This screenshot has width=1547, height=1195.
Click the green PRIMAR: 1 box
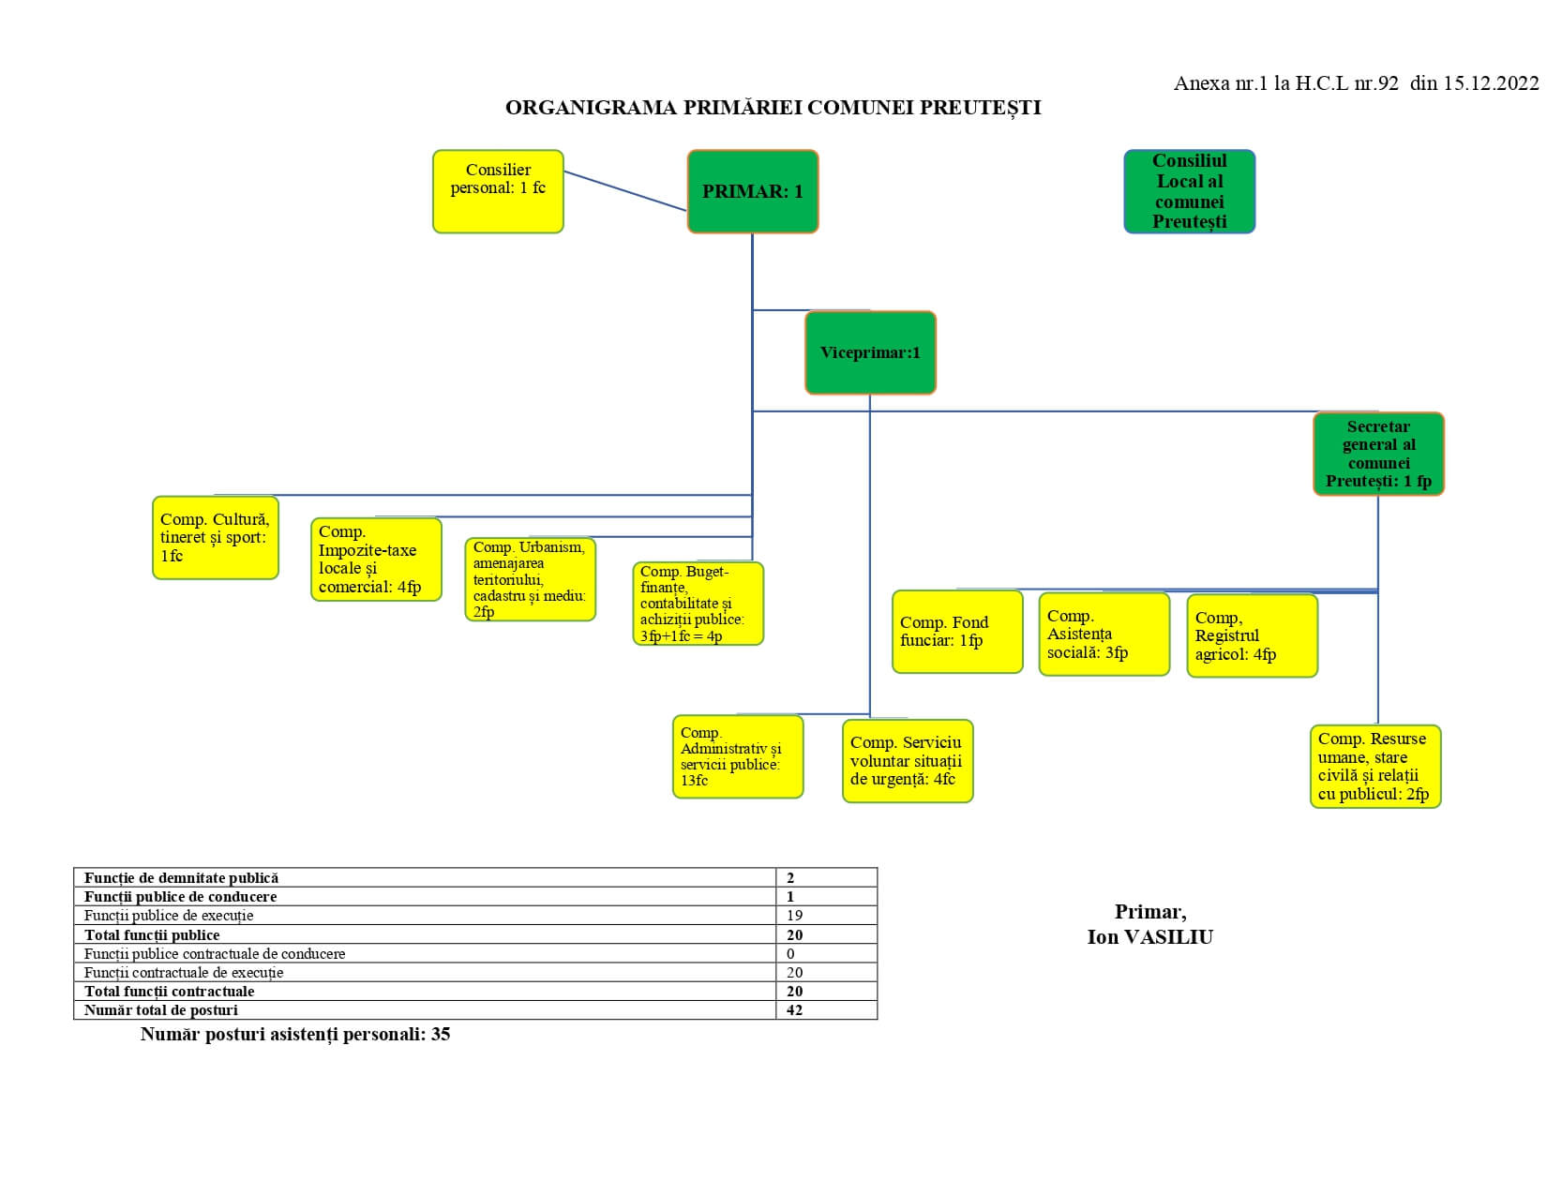pos(753,191)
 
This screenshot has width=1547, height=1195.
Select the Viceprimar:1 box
pos(870,352)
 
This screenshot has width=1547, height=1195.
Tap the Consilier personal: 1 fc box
pos(498,191)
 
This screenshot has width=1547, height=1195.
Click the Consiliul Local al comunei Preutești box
pos(1189,191)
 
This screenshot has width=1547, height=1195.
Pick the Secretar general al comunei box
pos(1378,454)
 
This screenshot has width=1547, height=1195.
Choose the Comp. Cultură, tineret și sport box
pos(216,537)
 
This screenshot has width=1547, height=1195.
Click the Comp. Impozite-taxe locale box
pos(376,560)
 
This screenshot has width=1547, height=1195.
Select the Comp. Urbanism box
pos(531,579)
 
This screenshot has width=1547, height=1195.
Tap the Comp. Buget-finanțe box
pos(698,604)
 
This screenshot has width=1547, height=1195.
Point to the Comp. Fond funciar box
pos(957,632)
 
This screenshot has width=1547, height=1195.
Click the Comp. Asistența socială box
pos(1104,635)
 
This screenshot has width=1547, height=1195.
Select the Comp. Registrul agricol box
pos(1253,635)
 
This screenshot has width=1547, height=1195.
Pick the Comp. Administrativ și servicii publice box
pos(738,756)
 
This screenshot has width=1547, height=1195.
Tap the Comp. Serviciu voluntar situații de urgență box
pos(908,761)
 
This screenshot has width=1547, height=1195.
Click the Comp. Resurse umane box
pos(1375,767)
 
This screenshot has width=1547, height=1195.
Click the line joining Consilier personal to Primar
pos(625,191)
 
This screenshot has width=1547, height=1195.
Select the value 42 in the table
pos(794,1010)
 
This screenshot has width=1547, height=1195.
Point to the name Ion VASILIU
pos(1149,936)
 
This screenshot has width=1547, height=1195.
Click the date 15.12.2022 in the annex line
pos(1491,83)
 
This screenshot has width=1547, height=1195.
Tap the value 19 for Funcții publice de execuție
pos(794,916)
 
